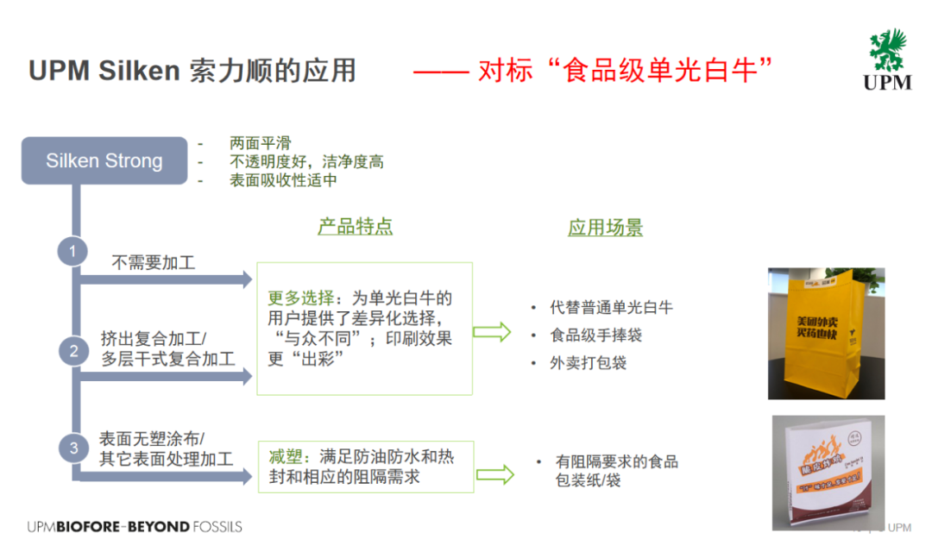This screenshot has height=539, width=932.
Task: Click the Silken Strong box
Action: [x=104, y=160]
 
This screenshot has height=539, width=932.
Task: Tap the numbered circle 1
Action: [x=73, y=251]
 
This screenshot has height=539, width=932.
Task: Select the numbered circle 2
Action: [x=73, y=350]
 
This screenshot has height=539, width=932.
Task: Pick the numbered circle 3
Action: [x=73, y=448]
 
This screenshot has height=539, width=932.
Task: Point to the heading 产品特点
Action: [x=355, y=227]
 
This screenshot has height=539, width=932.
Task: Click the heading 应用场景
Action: [x=605, y=228]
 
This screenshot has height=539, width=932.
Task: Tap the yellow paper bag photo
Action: [x=827, y=333]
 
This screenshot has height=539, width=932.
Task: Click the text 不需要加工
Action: [x=154, y=262]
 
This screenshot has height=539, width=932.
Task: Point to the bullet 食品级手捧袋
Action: [x=596, y=335]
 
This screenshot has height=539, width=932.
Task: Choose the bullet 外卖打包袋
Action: [x=589, y=362]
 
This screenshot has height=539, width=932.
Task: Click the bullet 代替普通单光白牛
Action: [x=612, y=307]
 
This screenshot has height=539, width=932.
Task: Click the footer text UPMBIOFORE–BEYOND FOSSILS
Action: [x=135, y=526]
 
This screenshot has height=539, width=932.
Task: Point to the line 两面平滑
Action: [x=258, y=143]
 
